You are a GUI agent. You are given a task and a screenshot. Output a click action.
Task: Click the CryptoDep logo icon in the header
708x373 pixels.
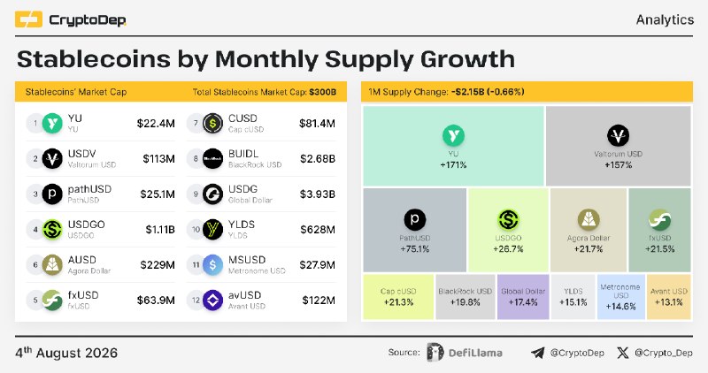(28, 19)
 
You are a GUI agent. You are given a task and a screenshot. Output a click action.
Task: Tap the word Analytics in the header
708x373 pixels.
(665, 19)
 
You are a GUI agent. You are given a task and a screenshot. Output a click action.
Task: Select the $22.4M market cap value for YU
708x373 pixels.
(156, 123)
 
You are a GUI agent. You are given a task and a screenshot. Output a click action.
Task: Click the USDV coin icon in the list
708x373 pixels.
(52, 159)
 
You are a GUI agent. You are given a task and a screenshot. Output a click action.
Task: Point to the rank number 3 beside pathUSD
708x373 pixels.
(35, 194)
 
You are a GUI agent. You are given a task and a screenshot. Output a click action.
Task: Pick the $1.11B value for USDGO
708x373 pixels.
(160, 230)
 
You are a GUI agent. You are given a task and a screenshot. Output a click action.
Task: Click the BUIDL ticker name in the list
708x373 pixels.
(243, 154)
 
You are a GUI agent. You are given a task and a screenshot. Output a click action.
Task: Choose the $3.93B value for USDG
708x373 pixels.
(318, 194)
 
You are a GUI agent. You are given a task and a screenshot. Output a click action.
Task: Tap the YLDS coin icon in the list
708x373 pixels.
(212, 230)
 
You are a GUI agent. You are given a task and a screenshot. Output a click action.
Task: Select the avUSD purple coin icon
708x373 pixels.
(212, 301)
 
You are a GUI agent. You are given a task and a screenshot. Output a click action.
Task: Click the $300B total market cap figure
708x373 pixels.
(323, 92)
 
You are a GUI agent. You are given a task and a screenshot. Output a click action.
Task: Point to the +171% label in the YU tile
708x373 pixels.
(453, 165)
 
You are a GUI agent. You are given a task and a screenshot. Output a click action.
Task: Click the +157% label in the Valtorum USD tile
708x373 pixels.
(618, 165)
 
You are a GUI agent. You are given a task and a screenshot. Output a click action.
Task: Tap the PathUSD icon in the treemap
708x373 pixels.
(414, 220)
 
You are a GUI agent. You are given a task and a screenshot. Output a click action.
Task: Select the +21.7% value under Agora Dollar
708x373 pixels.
(589, 249)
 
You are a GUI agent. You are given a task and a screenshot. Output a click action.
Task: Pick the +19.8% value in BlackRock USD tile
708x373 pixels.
(466, 302)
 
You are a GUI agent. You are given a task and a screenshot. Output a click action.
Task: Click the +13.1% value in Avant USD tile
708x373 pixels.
(669, 302)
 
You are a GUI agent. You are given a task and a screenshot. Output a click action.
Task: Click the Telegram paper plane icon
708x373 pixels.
(537, 353)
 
